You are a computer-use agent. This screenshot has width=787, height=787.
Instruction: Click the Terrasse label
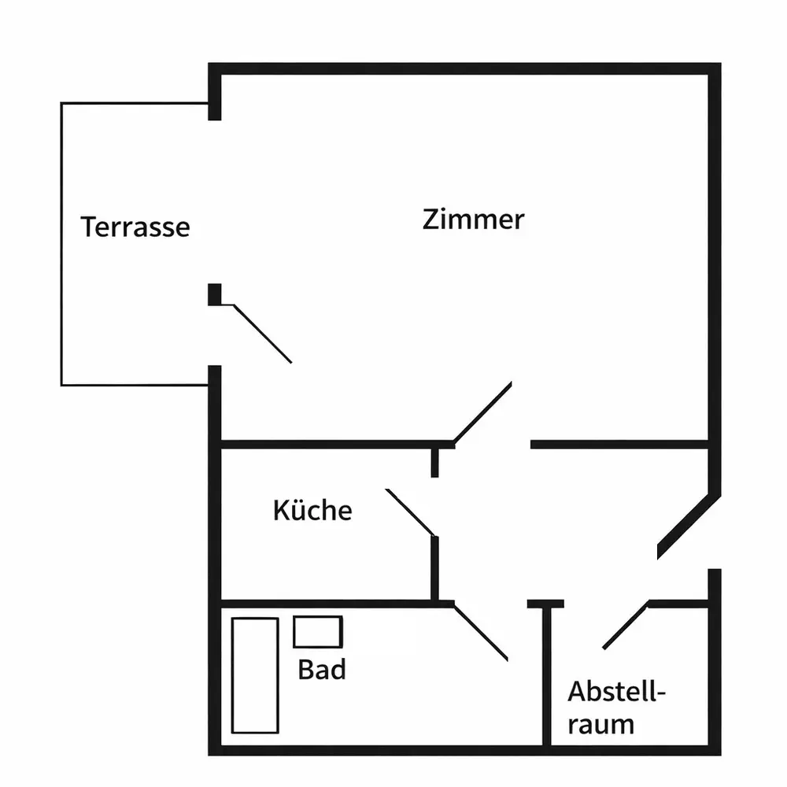[x=135, y=227]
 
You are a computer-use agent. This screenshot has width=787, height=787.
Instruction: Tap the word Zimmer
[x=473, y=220]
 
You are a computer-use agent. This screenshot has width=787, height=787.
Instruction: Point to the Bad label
[x=322, y=669]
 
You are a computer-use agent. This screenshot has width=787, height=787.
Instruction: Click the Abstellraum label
[x=616, y=708]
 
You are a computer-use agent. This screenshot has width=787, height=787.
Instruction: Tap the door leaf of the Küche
[x=410, y=512]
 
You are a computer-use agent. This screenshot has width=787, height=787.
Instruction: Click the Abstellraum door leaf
[x=626, y=626]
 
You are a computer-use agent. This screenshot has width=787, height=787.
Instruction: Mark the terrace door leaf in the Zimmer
[x=263, y=333]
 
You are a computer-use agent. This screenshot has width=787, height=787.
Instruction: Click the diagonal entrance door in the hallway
[x=689, y=527]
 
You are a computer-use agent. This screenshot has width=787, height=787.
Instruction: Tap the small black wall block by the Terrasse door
[x=215, y=294]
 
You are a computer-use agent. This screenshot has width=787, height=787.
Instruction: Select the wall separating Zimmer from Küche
[x=338, y=444]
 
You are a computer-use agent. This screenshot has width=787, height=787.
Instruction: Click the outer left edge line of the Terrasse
[x=61, y=244]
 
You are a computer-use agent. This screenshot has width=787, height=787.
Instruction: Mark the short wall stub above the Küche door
[x=434, y=463]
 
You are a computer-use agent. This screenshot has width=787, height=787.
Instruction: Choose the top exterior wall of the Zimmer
[x=465, y=68]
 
